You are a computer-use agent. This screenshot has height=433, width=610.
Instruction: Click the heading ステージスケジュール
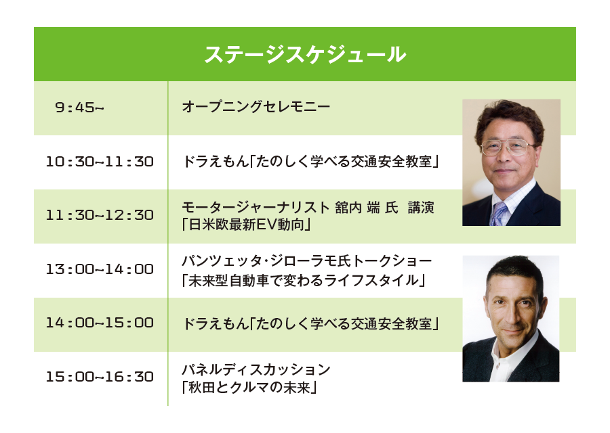pyautogui.click(x=305, y=54)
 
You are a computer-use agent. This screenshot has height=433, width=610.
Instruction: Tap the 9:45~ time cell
pyautogui.click(x=79, y=108)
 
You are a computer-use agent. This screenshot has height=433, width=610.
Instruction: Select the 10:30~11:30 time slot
pyautogui.click(x=100, y=162)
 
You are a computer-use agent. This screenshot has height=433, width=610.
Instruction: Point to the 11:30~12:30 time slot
pyautogui.click(x=100, y=215)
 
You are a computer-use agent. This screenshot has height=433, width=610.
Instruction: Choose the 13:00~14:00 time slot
pyautogui.click(x=100, y=269)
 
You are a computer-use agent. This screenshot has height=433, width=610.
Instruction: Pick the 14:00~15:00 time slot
pyautogui.click(x=100, y=323)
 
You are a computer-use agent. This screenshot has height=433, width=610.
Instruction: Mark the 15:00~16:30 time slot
pyautogui.click(x=100, y=377)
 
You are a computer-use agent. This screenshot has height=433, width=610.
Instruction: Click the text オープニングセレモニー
pyautogui.click(x=256, y=107)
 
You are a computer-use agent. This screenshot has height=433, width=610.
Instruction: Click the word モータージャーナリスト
pyautogui.click(x=256, y=208)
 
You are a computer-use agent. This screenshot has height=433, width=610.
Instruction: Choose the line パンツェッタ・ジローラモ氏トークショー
pyautogui.click(x=306, y=261)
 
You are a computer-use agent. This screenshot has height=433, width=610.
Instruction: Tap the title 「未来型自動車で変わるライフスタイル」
pyautogui.click(x=304, y=278)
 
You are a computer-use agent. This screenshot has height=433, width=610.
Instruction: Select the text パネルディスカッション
pyautogui.click(x=256, y=369)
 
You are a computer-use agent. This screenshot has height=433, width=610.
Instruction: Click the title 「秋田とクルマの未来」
pyautogui.click(x=250, y=386)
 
